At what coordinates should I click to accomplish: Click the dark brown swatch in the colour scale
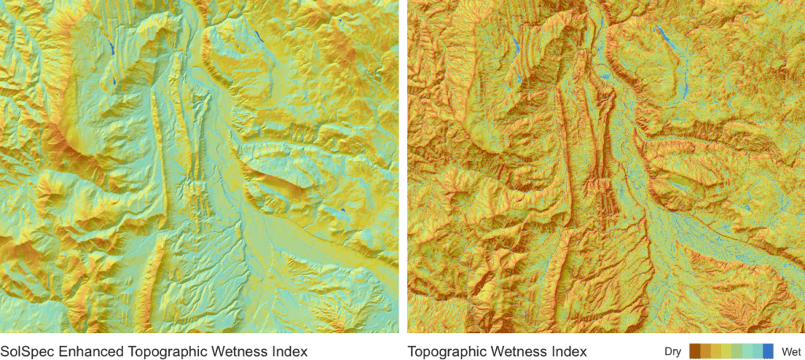695,351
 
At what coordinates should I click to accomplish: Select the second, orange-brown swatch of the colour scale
705,351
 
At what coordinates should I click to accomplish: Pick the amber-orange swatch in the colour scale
715,351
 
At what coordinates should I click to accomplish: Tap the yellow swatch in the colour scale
726,351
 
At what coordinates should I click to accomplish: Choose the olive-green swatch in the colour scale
737,351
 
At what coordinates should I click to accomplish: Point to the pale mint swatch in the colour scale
748,351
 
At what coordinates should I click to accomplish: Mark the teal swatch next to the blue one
758,351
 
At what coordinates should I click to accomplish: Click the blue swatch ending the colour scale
768,351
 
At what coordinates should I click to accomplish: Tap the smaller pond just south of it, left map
114,80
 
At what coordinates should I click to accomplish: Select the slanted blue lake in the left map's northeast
259,35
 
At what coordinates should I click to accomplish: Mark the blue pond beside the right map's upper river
603,76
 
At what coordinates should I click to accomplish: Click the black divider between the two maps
403,165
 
